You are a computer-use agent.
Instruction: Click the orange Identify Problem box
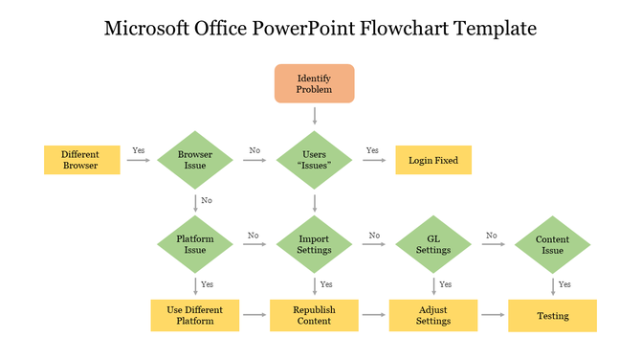(314, 83)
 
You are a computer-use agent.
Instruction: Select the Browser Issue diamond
(195, 160)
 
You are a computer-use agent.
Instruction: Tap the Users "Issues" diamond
(314, 160)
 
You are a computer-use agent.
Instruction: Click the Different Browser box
(81, 160)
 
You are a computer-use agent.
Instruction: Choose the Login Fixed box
(433, 160)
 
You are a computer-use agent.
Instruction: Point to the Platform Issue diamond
(195, 243)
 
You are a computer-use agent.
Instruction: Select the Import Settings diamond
(314, 243)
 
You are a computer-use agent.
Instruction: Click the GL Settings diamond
(433, 243)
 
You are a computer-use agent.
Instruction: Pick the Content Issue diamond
(552, 243)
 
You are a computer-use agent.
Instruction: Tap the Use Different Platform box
(195, 315)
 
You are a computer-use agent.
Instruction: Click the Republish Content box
(314, 315)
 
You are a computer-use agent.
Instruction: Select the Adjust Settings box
(433, 315)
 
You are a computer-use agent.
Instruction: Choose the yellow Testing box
(552, 315)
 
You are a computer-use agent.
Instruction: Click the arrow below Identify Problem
(314, 115)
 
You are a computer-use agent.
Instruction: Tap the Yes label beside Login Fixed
(372, 150)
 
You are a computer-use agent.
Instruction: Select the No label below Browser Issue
(207, 201)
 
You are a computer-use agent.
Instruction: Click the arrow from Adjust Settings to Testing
(493, 314)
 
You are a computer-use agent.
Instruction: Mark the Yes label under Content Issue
(564, 284)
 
